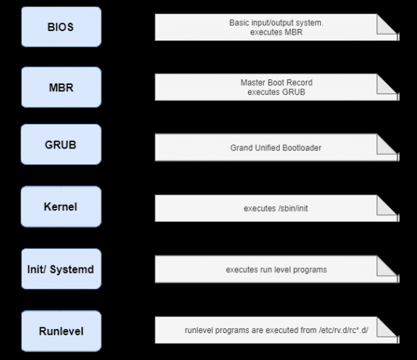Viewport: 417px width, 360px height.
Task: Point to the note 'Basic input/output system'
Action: coord(276,23)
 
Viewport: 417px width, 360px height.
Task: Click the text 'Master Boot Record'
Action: coord(276,83)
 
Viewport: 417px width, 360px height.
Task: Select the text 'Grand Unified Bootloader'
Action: coord(276,148)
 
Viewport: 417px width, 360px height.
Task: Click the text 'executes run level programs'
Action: coord(276,269)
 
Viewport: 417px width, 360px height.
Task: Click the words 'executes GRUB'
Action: coord(276,92)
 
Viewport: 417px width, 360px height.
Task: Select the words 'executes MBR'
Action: coord(276,33)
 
